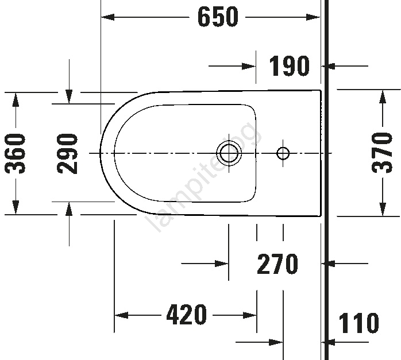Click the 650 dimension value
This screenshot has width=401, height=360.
(218, 17)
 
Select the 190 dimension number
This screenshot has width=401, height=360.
(289, 66)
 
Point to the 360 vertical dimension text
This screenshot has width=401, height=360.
(16, 153)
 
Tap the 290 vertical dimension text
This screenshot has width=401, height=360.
(67, 153)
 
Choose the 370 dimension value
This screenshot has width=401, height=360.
(382, 153)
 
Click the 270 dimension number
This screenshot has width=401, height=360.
(277, 264)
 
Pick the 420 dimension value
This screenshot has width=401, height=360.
(187, 314)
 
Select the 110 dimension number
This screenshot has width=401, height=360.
(359, 323)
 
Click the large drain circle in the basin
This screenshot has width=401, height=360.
(229, 153)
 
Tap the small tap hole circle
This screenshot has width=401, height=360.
(283, 153)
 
